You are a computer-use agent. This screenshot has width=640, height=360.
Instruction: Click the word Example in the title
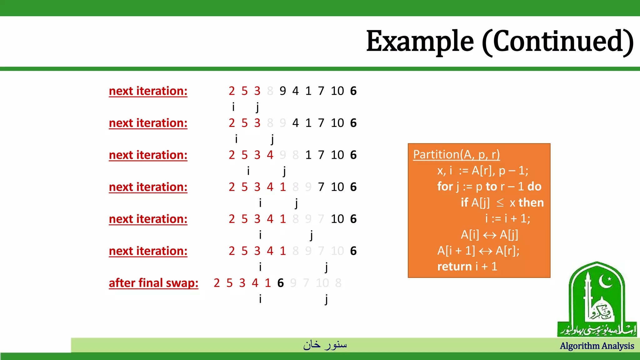coord(420,42)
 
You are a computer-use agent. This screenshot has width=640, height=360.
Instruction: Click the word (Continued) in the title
coord(557,42)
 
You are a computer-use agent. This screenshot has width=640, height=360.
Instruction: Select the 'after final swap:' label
coord(153,283)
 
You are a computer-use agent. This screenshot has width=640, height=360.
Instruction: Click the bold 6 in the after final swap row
coord(280,283)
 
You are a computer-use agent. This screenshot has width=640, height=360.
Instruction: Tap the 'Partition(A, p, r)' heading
coord(456,154)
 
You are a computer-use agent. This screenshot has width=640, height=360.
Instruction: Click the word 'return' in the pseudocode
coord(454,267)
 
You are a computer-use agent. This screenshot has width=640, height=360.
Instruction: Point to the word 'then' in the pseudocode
coord(531,203)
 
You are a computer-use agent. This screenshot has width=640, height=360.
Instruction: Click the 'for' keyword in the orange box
coord(445,187)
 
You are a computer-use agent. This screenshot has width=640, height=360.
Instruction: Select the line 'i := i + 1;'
coord(507,218)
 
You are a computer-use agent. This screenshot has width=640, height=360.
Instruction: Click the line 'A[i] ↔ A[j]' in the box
coord(489,235)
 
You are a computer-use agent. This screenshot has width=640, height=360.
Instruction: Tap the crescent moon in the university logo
coord(605,282)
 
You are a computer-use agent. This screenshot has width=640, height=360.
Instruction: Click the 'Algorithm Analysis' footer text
coord(597,346)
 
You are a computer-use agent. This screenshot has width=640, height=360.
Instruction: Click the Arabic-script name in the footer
coord(325,345)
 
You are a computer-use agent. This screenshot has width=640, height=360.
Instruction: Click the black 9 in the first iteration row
coord(282,91)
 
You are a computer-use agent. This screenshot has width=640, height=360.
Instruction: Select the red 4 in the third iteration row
coord(270,155)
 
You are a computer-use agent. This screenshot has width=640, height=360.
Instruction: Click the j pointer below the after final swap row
coord(326,299)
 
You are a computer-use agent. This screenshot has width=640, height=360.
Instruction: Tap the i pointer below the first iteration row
coord(233,107)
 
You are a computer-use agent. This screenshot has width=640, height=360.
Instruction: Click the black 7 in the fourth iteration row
coord(321,187)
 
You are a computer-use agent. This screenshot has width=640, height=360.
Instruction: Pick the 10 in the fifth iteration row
coord(337,219)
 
